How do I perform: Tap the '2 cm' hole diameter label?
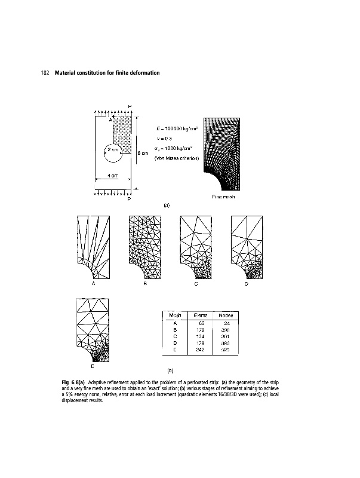pyautogui.click(x=113, y=149)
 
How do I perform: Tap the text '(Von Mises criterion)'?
pyautogui.click(x=172, y=158)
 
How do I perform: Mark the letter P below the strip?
pyautogui.click(x=129, y=200)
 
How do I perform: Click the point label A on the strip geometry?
pyautogui.click(x=110, y=119)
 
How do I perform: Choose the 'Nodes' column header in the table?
pyautogui.click(x=226, y=315)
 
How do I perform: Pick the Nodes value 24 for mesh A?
pyautogui.click(x=227, y=323)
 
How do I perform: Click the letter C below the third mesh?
pyautogui.click(x=195, y=285)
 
